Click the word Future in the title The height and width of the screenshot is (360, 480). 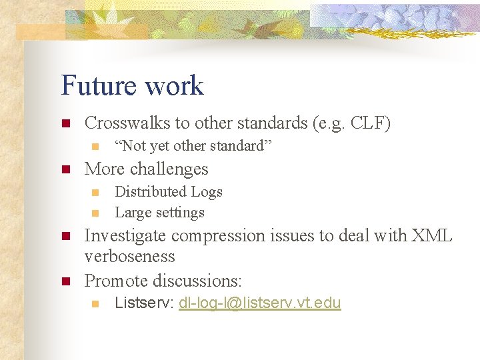pos(97,86)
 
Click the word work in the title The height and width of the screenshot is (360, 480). pos(173,86)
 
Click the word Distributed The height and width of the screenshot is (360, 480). pos(151,192)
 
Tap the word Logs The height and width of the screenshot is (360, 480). pos(207,192)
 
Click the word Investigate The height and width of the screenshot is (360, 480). pos(127,235)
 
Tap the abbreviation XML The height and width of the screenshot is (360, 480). pos(432,235)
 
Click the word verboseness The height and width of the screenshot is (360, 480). pos(130,257)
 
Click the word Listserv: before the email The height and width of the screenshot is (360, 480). pos(144,303)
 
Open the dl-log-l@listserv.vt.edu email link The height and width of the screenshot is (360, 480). pos(260,303)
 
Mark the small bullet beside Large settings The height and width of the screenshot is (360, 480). pos(95,213)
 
